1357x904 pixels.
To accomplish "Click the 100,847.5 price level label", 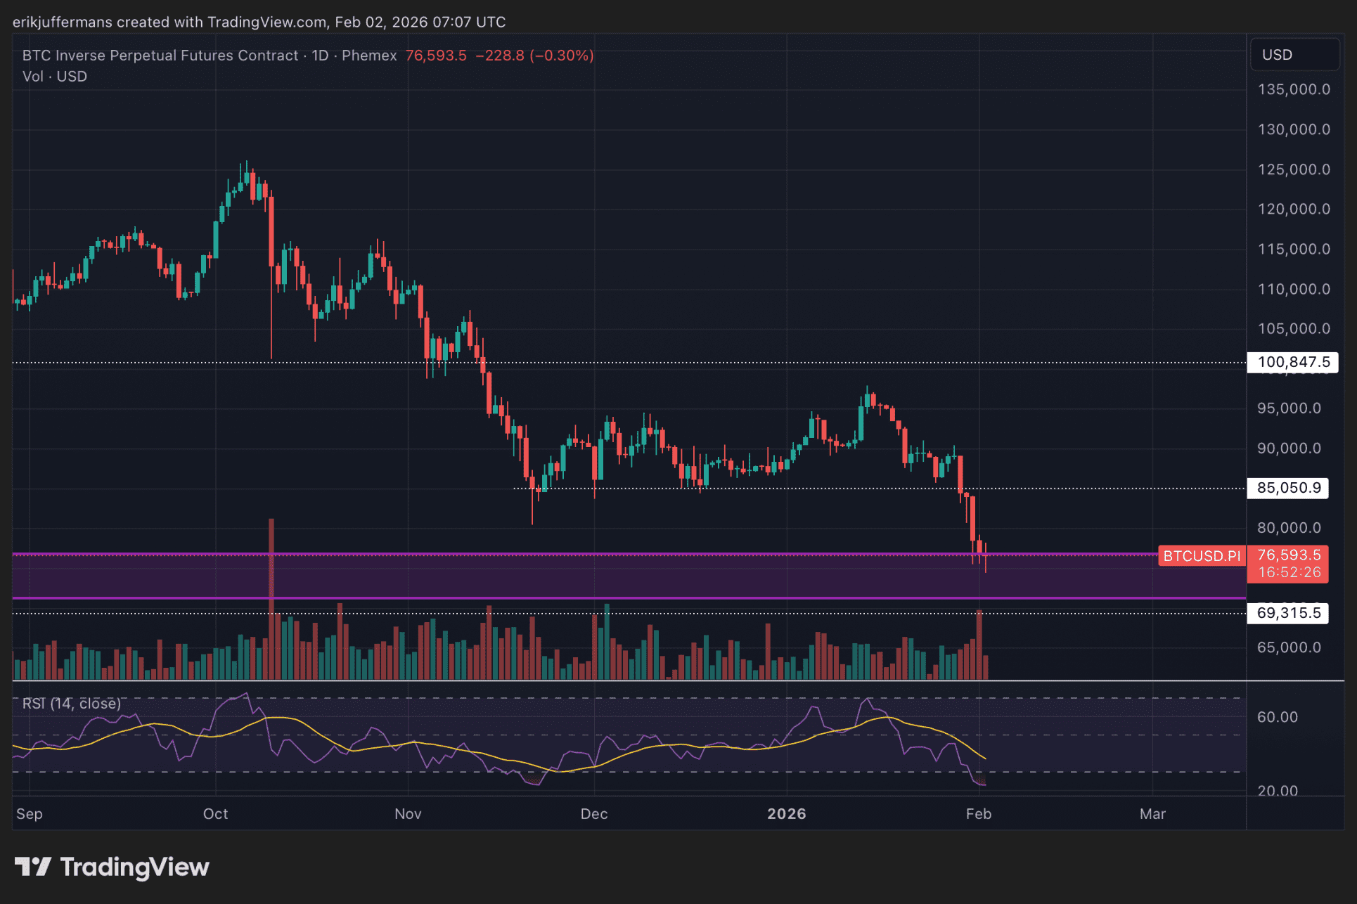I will (x=1292, y=362).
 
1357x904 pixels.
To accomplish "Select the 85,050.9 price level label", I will (x=1288, y=488).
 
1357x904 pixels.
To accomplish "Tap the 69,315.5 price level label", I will (x=1288, y=613).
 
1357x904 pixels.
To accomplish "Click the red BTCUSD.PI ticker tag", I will (x=1202, y=556).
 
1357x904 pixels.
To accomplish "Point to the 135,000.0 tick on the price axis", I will (x=1294, y=89).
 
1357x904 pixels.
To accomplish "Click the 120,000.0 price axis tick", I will (x=1294, y=209).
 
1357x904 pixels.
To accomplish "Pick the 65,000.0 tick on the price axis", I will (x=1289, y=647).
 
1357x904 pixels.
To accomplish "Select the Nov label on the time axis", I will (x=408, y=814).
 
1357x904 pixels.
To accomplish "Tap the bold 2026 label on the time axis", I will (x=786, y=814).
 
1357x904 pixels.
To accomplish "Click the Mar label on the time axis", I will (x=1152, y=814).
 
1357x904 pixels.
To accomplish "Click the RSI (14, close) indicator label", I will (x=72, y=704).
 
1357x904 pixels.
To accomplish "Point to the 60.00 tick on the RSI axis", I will (x=1277, y=717).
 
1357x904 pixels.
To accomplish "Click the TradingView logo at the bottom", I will (x=112, y=867).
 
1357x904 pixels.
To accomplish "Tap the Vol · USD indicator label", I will (x=55, y=77).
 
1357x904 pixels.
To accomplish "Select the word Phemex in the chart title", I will (x=369, y=56).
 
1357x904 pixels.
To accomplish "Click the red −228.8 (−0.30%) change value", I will (x=534, y=56).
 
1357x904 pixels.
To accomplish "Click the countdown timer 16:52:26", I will (x=1289, y=572).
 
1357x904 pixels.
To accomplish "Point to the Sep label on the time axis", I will (x=30, y=814).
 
